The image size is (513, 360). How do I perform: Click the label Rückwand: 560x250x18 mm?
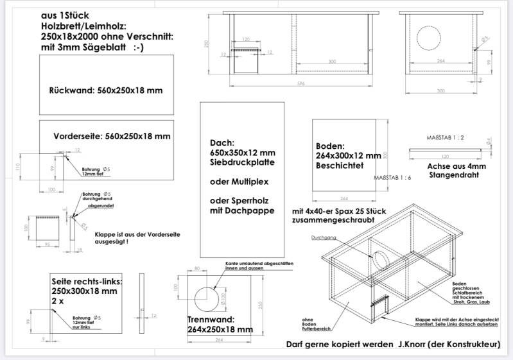coord(106,90)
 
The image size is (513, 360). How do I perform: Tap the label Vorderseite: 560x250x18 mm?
coord(112,136)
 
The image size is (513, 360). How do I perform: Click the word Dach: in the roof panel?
coord(223,142)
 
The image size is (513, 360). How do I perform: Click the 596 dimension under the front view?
coord(300,83)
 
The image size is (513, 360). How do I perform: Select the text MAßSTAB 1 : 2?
coord(445,138)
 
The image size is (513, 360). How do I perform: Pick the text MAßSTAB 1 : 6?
coord(392,176)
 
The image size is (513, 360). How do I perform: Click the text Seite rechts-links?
coord(87,282)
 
